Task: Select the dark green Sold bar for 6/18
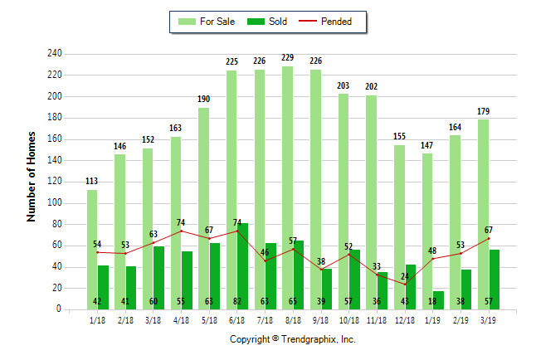[242, 265]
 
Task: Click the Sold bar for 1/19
[438, 299]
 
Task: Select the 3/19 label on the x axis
[489, 320]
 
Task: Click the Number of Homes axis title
[32, 176]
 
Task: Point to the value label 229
[287, 57]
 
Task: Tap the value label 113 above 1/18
[92, 181]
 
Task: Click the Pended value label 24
[405, 276]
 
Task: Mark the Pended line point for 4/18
[182, 231]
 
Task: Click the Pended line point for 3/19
[489, 238]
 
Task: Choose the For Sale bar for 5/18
[203, 207]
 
